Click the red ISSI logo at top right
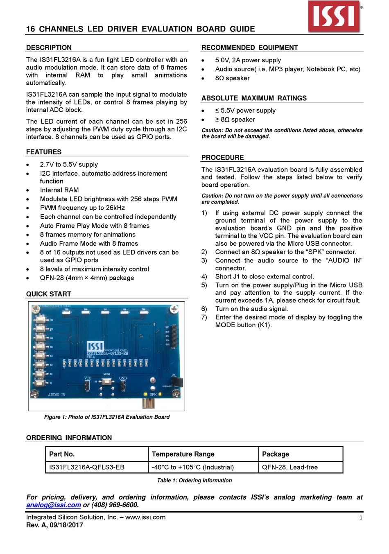click(334, 16)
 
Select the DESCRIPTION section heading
click(49, 47)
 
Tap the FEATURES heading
click(44, 152)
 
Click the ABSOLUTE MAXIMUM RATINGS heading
click(254, 98)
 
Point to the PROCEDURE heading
click(222, 158)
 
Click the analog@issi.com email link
click(53, 505)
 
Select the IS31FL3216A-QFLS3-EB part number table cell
click(87, 467)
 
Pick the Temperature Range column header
click(183, 454)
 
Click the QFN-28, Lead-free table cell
click(290, 467)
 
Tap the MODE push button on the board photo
click(107, 382)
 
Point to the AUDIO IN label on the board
click(57, 395)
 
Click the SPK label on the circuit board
click(153, 395)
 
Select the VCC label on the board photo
click(88, 378)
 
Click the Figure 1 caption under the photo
click(106, 417)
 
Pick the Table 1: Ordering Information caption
click(194, 480)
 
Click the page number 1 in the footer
click(361, 518)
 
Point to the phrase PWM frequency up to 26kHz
click(82, 208)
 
